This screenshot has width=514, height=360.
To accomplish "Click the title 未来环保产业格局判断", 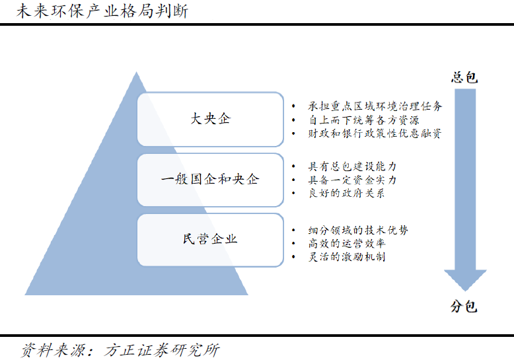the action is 102,11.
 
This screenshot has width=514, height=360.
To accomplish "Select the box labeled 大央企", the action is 210,120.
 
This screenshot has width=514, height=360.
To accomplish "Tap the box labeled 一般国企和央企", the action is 210,180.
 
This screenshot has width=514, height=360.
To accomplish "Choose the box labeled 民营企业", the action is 210,240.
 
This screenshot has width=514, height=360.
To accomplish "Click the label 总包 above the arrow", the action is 464,77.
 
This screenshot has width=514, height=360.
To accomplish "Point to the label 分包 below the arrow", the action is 464,306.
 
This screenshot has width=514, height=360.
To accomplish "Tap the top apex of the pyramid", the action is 136,72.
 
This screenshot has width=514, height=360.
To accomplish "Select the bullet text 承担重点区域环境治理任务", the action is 375,106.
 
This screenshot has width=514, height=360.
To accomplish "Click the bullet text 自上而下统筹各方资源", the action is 363,120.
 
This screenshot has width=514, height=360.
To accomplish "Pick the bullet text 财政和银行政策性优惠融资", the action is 375,133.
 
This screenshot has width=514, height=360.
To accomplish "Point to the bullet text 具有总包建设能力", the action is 352,166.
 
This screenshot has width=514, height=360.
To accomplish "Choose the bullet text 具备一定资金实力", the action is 352,180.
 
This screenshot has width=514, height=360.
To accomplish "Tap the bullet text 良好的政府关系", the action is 346,193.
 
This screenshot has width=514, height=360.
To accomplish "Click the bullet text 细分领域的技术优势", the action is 358,230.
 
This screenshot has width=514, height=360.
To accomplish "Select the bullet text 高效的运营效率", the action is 346,243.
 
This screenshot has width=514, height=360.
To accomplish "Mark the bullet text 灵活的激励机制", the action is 346,257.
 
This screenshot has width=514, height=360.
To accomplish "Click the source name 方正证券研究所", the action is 162,350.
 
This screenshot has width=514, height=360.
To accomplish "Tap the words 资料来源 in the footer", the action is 53,350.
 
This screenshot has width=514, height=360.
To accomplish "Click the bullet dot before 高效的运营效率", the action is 293,244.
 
